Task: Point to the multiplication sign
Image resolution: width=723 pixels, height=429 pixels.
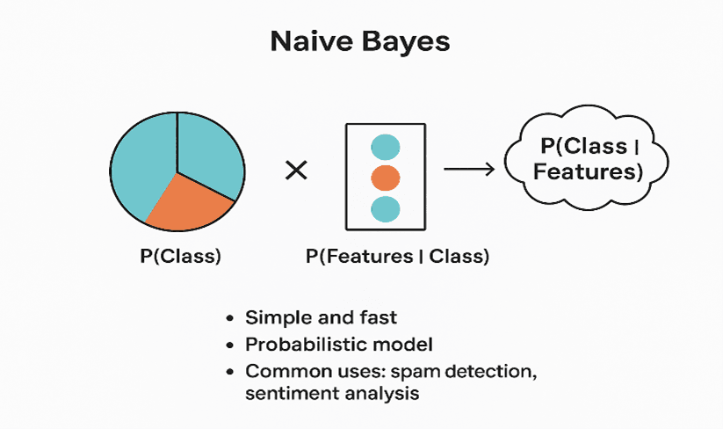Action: (x=297, y=171)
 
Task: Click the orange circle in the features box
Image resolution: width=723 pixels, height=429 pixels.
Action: (x=386, y=178)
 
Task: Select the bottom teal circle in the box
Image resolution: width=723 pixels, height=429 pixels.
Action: (x=386, y=209)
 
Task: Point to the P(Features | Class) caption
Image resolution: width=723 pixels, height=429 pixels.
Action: (x=397, y=258)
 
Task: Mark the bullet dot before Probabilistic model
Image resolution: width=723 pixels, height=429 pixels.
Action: (x=229, y=345)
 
